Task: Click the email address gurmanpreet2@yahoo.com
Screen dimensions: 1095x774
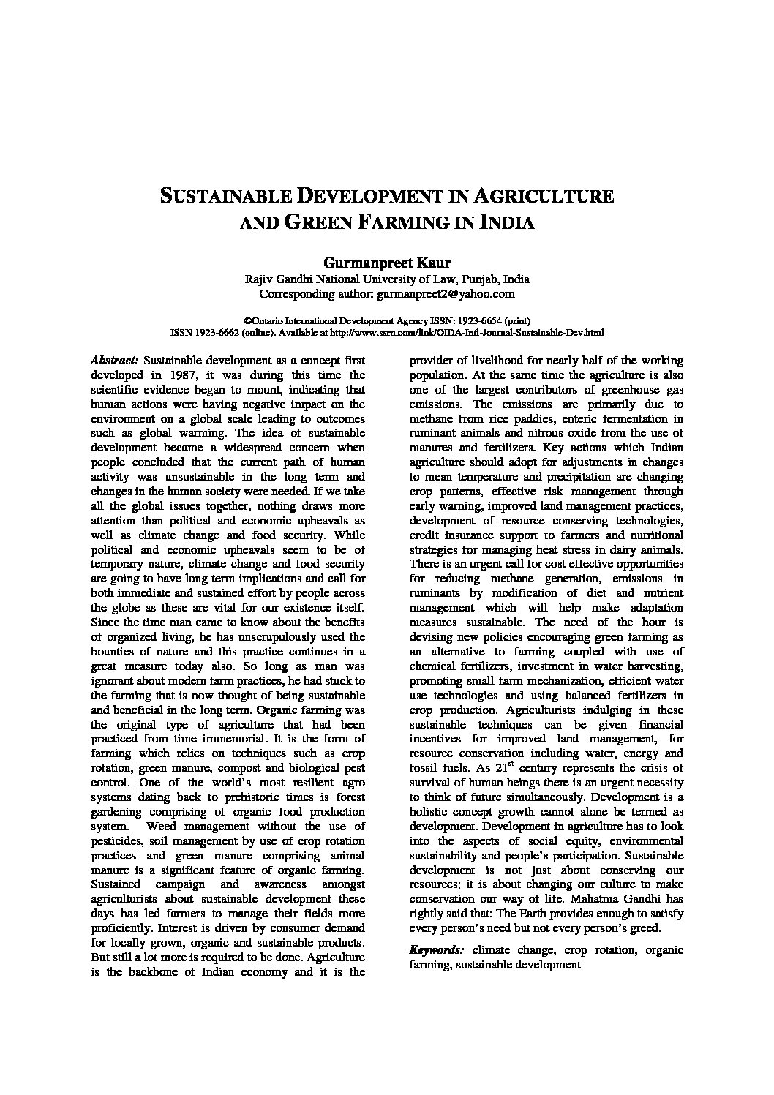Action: pyautogui.click(x=445, y=294)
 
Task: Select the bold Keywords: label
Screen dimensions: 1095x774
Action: pyautogui.click(x=437, y=950)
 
